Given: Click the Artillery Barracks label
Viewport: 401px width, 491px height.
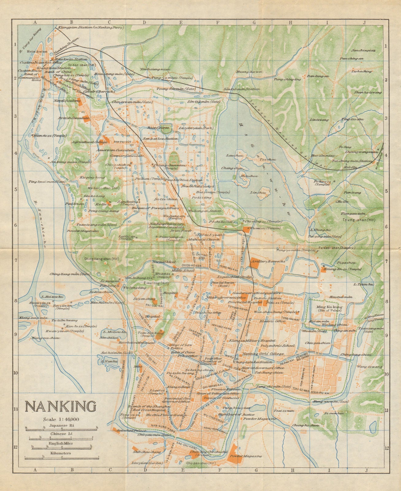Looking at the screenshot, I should pyautogui.click(x=267, y=261).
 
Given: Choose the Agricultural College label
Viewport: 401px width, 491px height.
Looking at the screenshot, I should pyautogui.click(x=87, y=142).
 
